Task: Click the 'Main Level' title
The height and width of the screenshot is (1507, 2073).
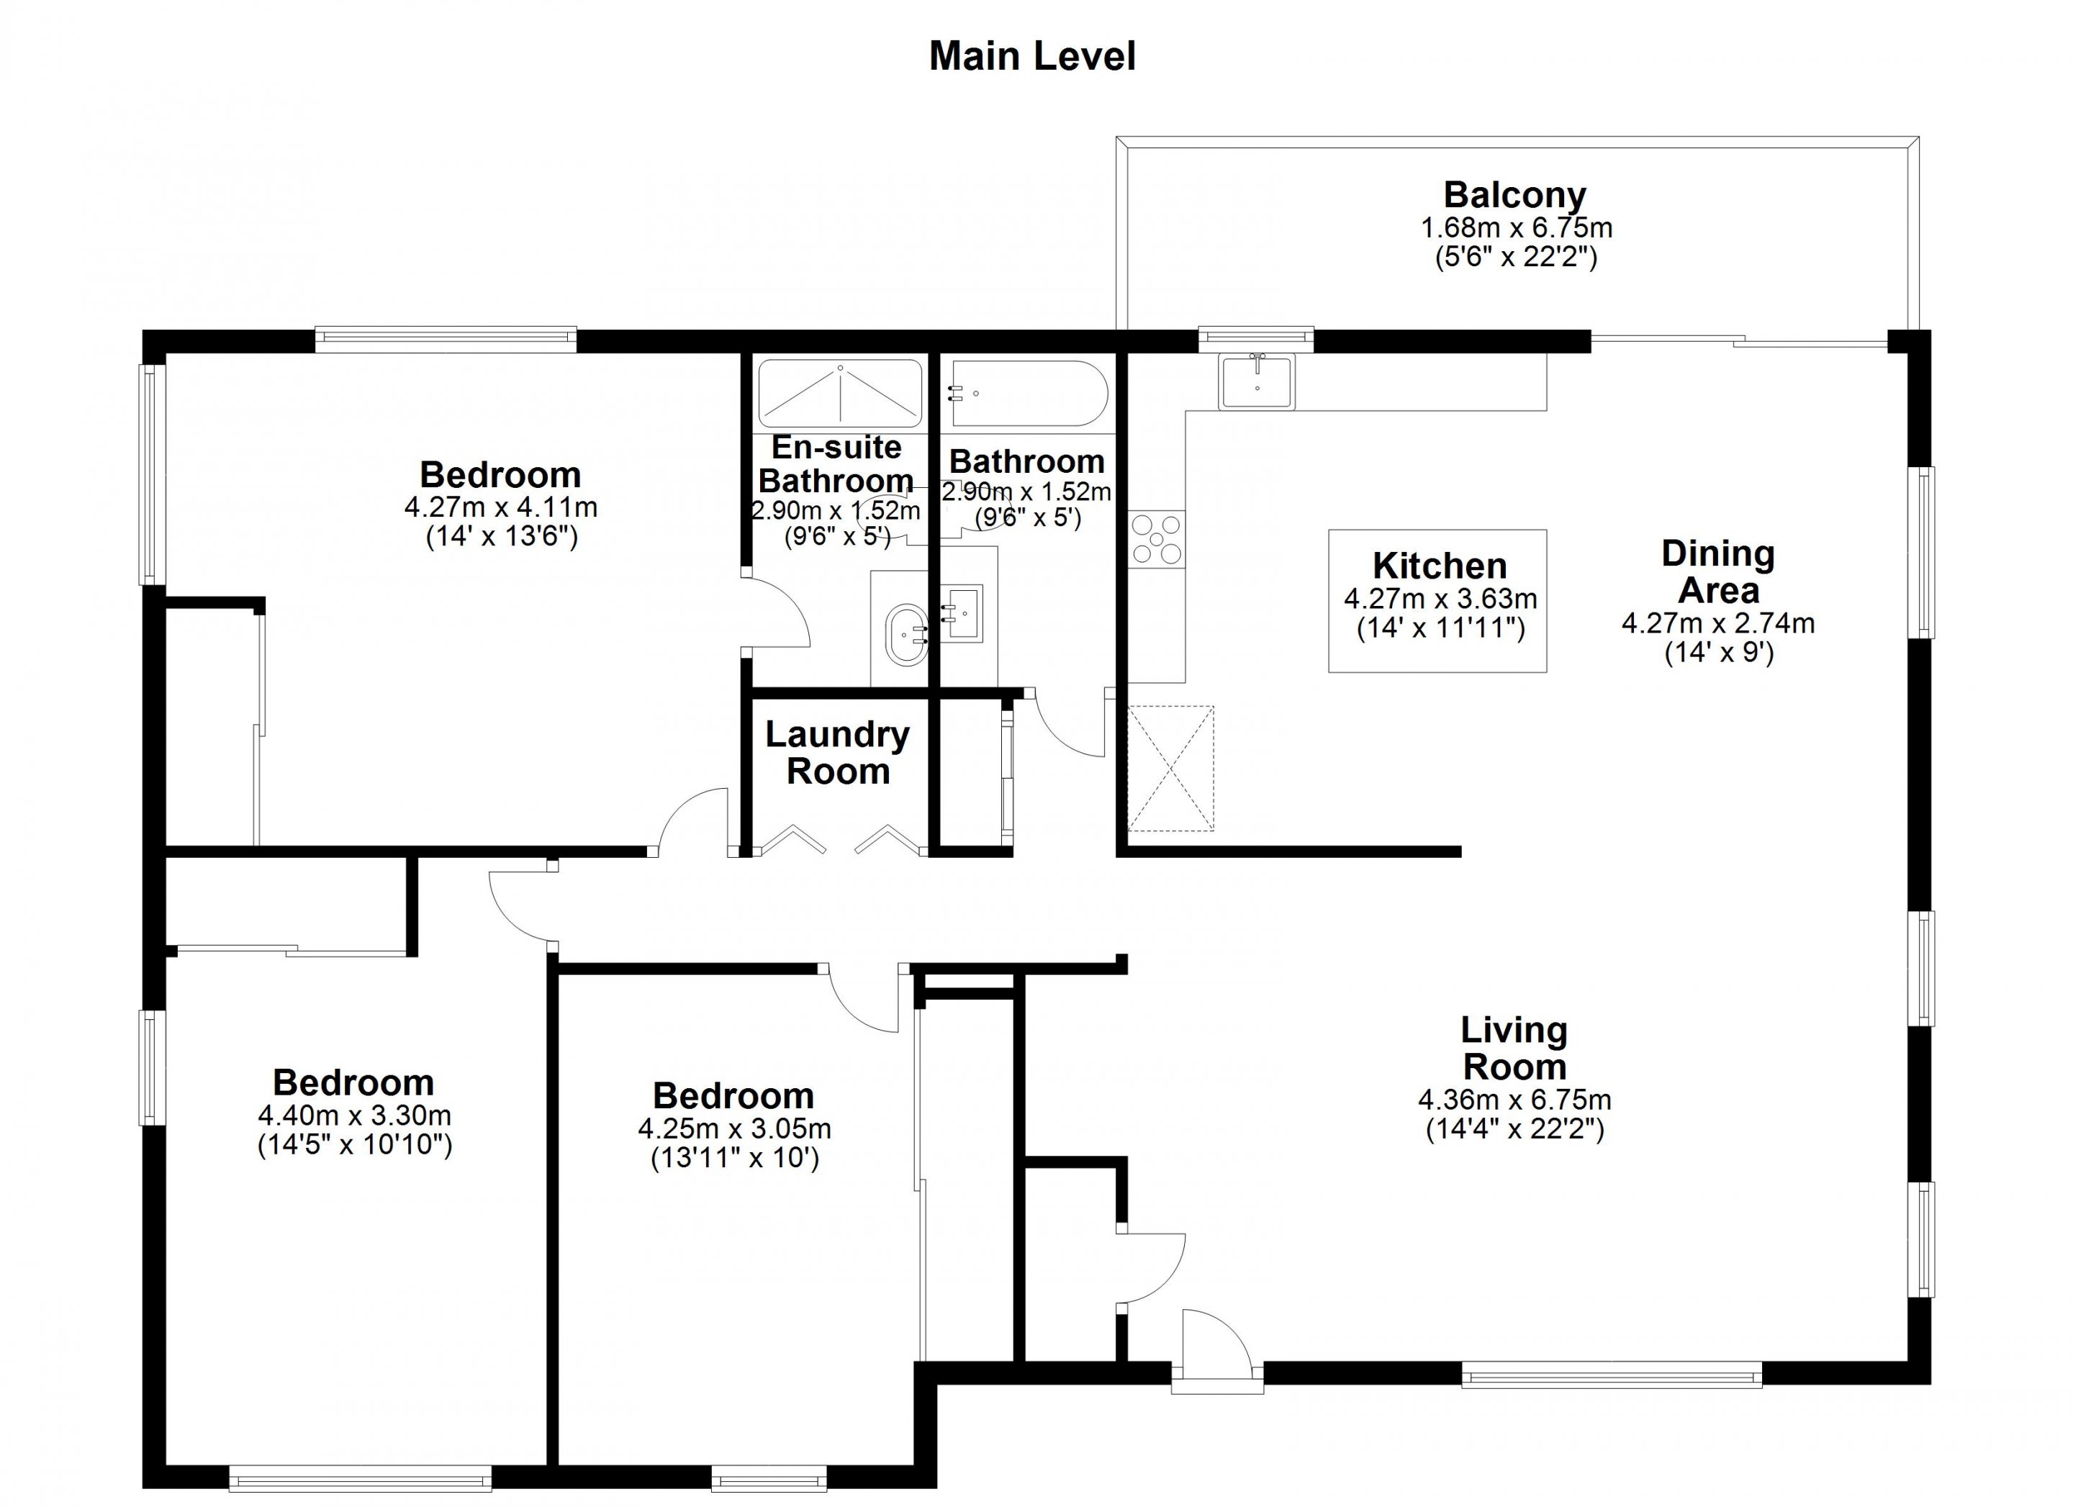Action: click(1032, 57)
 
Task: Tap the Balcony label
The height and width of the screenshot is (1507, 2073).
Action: click(1514, 194)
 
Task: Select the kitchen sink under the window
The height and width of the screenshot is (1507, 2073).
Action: click(1256, 381)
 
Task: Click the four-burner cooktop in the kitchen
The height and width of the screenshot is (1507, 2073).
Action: click(1157, 538)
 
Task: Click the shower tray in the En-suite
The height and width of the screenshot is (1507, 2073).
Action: click(840, 394)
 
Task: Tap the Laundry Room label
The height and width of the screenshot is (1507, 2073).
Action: click(837, 752)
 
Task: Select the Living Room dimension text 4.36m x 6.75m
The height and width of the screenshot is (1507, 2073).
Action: click(1514, 1100)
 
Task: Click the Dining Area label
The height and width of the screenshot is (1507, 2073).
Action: click(1718, 572)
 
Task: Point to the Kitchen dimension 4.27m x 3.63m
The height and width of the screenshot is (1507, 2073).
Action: click(1440, 599)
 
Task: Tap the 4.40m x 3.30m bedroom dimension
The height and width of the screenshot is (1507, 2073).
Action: click(355, 1115)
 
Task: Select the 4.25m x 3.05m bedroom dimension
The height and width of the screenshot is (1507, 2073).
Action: click(734, 1128)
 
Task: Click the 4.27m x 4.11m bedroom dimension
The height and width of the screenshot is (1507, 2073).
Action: click(501, 507)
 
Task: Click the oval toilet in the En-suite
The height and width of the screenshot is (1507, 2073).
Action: click(908, 630)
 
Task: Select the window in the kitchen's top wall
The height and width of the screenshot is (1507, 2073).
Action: click(1256, 339)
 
